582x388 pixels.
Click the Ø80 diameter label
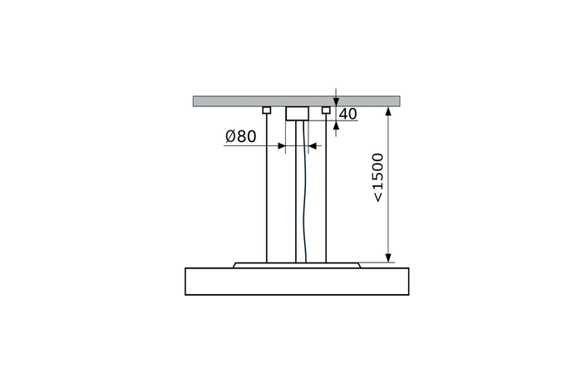[240, 136]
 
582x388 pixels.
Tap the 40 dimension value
[348, 115]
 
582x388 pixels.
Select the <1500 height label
[377, 178]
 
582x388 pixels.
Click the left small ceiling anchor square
[267, 111]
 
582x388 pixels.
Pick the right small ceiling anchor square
[326, 111]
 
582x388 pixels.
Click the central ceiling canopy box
[298, 114]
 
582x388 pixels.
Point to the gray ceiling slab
[296, 101]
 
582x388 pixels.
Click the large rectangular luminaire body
[297, 282]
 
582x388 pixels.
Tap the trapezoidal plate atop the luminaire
[297, 265]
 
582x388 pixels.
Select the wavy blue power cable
[305, 192]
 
